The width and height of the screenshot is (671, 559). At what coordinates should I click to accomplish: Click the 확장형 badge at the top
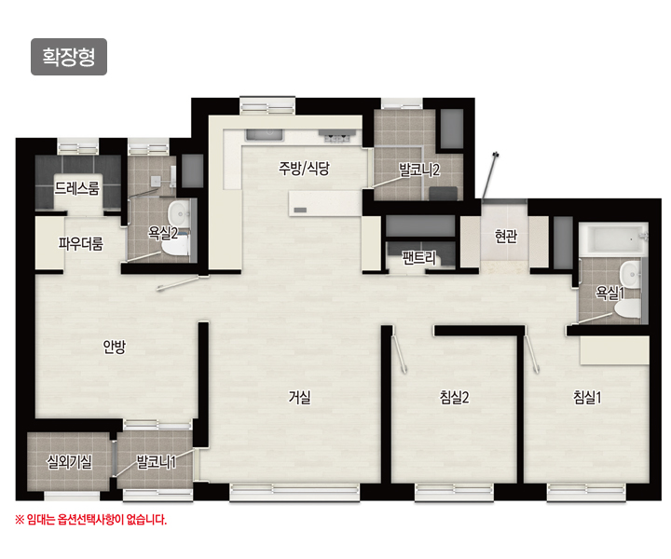(69, 57)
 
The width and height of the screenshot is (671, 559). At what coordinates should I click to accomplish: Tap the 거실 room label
(299, 397)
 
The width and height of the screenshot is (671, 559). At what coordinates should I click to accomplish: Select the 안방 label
(115, 347)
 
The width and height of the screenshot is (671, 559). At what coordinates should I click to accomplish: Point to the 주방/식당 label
(304, 168)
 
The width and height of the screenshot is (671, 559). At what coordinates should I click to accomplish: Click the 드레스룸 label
(77, 188)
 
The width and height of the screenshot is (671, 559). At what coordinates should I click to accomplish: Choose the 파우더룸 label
(81, 244)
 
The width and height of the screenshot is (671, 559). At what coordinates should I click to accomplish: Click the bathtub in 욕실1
(612, 239)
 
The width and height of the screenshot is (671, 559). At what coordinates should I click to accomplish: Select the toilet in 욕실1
(628, 308)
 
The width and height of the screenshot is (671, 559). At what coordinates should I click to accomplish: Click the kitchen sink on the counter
(265, 135)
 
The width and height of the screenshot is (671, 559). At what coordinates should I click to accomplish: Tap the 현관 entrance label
(506, 236)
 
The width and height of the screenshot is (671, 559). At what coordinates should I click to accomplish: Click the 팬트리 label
(419, 258)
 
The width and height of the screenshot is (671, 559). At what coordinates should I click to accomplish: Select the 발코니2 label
(419, 170)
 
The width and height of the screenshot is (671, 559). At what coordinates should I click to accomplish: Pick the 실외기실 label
(69, 461)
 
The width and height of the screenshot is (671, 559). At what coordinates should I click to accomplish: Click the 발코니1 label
(157, 462)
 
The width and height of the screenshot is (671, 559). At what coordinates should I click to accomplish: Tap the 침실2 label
(455, 397)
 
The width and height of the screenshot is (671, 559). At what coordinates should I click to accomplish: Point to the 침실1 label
(587, 397)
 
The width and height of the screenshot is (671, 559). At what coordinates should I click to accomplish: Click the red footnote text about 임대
(90, 520)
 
